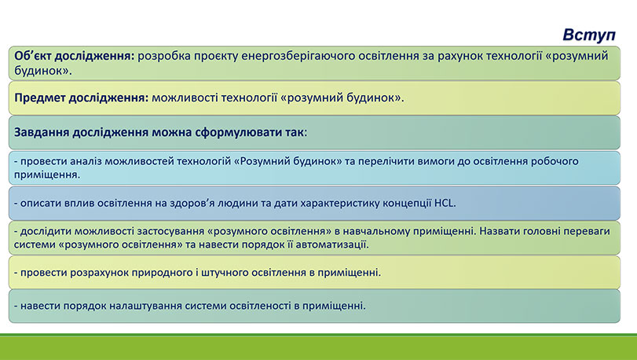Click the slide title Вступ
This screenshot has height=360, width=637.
589,35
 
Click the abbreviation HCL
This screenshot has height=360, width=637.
445,203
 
